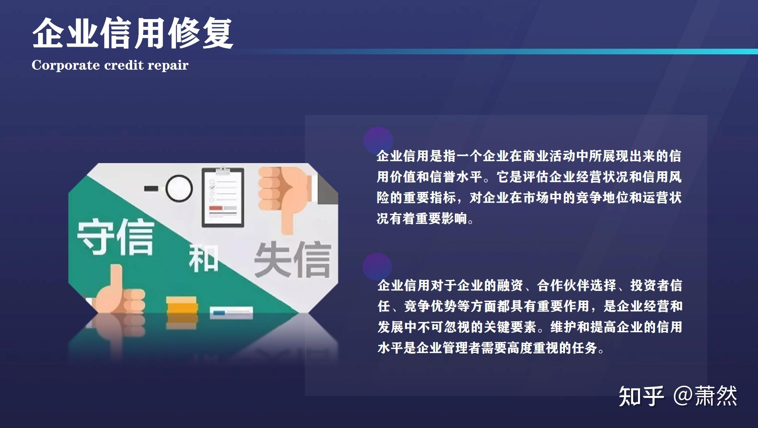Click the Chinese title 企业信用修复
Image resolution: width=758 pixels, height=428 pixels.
(132, 33)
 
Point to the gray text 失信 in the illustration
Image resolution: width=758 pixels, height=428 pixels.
(292, 260)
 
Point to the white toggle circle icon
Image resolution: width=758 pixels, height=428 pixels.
(178, 188)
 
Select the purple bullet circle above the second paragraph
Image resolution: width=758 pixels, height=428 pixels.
(377, 267)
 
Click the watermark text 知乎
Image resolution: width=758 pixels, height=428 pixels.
(641, 396)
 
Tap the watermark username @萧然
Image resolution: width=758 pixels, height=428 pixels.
(705, 396)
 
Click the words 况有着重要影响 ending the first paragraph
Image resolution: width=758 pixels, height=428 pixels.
(422, 219)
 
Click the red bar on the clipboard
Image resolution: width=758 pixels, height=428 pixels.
(216, 209)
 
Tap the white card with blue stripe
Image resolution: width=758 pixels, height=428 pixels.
(231, 312)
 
